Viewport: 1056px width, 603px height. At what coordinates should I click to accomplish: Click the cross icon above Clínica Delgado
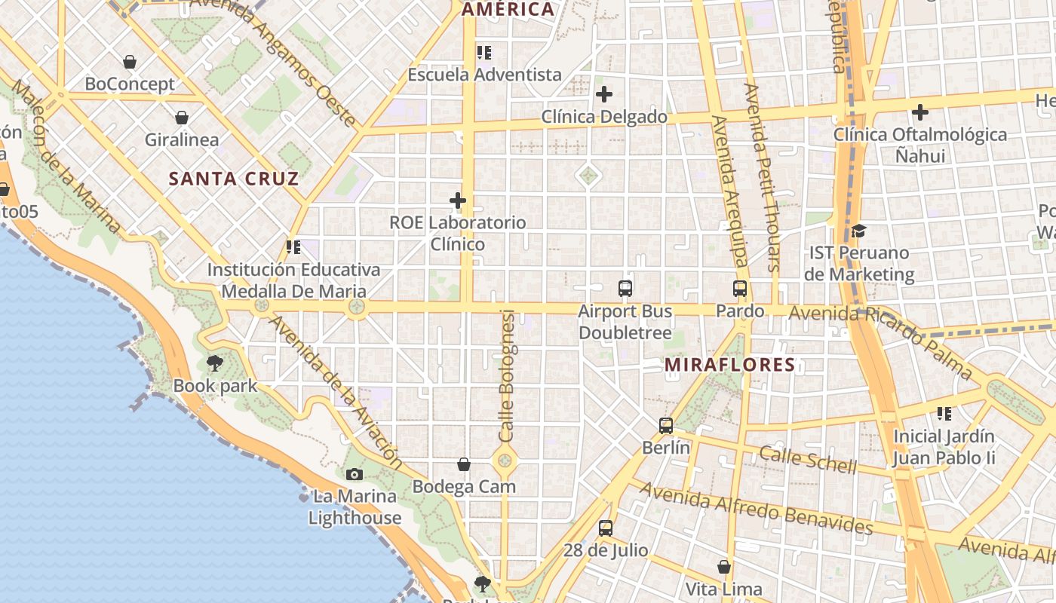coord(604,95)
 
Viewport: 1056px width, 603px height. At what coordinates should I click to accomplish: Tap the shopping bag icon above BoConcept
coord(130,62)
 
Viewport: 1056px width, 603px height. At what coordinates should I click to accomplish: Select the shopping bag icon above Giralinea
coord(182,118)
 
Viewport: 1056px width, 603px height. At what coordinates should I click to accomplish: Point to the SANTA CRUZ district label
coord(234,179)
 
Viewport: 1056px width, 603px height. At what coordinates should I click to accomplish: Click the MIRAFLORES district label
coord(729,366)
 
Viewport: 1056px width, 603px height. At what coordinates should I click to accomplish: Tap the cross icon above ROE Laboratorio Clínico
coord(458,201)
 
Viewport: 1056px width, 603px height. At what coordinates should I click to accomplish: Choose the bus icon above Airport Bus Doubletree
coord(625,289)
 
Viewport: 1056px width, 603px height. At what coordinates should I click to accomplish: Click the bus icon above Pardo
coord(740,289)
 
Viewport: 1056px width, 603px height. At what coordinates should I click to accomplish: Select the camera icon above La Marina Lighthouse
coord(355,474)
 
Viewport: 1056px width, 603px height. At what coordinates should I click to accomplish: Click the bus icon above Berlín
coord(666,426)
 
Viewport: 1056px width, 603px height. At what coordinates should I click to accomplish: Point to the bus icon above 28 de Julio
coord(606,528)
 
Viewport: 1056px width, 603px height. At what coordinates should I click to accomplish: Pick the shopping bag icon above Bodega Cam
coord(464,465)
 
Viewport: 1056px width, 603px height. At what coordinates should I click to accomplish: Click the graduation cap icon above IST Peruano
coord(858,231)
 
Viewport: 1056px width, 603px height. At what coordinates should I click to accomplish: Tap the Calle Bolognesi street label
coord(507,375)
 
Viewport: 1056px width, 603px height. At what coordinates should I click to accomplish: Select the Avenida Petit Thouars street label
coord(761,177)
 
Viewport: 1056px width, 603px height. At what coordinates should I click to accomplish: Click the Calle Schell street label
coord(808,460)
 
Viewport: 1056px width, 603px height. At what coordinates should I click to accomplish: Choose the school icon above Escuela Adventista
coord(484,53)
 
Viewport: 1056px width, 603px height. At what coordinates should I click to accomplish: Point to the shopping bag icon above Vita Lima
coord(724,567)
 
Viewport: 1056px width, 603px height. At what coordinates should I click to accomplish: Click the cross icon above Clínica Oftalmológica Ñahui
coord(920,113)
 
